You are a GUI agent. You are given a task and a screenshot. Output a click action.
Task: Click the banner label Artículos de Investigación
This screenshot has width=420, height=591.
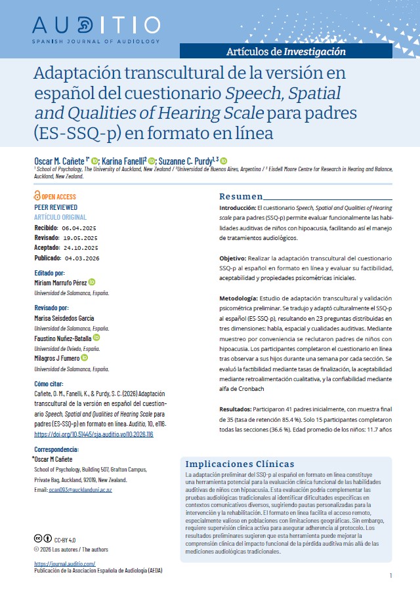(x=285, y=51)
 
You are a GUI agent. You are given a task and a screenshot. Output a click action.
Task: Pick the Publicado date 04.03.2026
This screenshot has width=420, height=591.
(x=85, y=258)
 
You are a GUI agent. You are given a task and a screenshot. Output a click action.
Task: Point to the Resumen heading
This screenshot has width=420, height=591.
(x=240, y=197)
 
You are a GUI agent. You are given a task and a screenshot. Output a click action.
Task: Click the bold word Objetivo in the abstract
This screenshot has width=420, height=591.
(x=232, y=259)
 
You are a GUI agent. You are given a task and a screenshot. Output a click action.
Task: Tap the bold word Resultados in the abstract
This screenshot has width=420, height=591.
(x=235, y=408)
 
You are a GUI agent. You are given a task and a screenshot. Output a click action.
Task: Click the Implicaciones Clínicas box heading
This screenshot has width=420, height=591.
(x=240, y=464)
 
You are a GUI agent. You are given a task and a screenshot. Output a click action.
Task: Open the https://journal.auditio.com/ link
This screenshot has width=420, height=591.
(x=64, y=563)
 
